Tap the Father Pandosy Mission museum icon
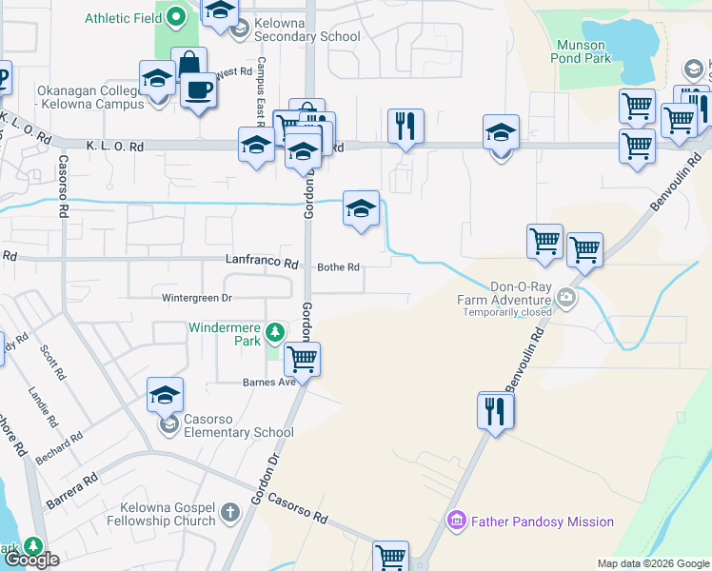[456, 522]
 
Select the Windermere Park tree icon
[275, 331]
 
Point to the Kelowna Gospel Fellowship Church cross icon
[229, 514]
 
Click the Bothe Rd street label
[339, 267]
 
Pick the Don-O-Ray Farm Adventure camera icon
[567, 298]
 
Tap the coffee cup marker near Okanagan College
[198, 90]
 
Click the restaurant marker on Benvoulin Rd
[496, 410]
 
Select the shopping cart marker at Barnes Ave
[302, 360]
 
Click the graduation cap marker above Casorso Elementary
[166, 395]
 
